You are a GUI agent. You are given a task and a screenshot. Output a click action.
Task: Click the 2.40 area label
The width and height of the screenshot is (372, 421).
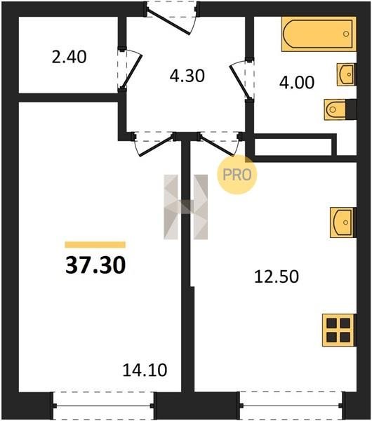69,58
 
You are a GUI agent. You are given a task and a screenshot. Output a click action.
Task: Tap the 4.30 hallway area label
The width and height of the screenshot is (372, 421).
187,76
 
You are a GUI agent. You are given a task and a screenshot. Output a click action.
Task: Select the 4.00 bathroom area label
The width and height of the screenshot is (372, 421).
297,82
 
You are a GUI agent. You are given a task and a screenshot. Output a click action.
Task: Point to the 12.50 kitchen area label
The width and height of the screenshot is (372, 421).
277,276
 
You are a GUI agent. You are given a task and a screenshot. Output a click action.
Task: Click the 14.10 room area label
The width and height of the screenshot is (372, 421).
145,370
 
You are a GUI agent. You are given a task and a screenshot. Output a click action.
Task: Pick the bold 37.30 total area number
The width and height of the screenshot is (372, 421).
95,265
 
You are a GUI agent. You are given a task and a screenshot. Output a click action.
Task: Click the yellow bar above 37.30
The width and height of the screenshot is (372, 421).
95,245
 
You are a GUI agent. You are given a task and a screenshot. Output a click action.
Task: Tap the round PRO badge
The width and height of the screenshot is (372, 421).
237,175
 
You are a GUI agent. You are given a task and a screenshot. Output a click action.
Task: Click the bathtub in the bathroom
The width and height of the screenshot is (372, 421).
319,34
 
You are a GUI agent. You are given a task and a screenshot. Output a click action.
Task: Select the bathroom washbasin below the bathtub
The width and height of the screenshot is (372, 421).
347,74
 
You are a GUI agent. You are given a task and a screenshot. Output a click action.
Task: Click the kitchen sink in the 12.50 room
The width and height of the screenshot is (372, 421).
343,222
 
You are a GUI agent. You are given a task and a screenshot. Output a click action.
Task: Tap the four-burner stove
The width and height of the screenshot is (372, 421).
339,330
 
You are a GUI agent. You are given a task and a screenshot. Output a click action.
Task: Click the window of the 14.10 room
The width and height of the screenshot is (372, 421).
103,406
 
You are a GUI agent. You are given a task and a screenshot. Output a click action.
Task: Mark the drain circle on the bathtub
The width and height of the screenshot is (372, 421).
346,34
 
